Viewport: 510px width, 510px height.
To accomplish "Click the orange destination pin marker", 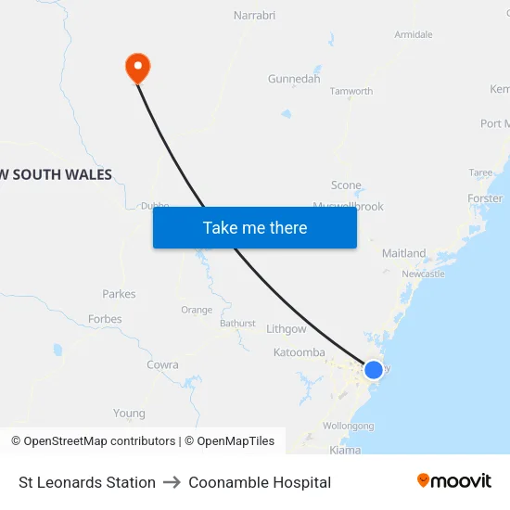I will pyautogui.click(x=137, y=66).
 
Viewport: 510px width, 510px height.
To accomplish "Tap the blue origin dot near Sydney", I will pyautogui.click(x=373, y=369).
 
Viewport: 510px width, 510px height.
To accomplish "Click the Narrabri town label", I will pyautogui.click(x=255, y=16).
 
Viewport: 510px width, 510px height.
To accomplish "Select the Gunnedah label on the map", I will pyautogui.click(x=294, y=79).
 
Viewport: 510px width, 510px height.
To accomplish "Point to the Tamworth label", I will pyautogui.click(x=351, y=91).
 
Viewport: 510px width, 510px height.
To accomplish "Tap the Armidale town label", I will pyautogui.click(x=414, y=34).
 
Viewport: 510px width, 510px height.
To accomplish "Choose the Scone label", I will pyautogui.click(x=346, y=185).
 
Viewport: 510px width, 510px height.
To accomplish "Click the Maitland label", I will pyautogui.click(x=404, y=253).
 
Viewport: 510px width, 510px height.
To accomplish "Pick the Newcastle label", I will pyautogui.click(x=423, y=274).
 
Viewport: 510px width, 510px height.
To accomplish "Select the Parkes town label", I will pyautogui.click(x=119, y=294).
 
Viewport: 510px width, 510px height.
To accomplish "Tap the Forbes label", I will pyautogui.click(x=105, y=319).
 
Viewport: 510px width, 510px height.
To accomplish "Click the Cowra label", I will pyautogui.click(x=162, y=365).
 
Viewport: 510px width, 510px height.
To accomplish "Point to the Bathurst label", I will pyautogui.click(x=237, y=324).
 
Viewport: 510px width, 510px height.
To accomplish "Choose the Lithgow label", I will pyautogui.click(x=286, y=329).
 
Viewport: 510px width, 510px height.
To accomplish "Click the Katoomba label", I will pyautogui.click(x=299, y=352).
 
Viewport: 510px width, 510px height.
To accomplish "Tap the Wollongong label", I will pyautogui.click(x=349, y=426).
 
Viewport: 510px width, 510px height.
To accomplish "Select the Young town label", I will pyautogui.click(x=129, y=414).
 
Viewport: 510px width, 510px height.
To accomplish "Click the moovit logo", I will pyautogui.click(x=454, y=481).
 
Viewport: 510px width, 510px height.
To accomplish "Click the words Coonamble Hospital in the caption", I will pyautogui.click(x=260, y=482).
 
